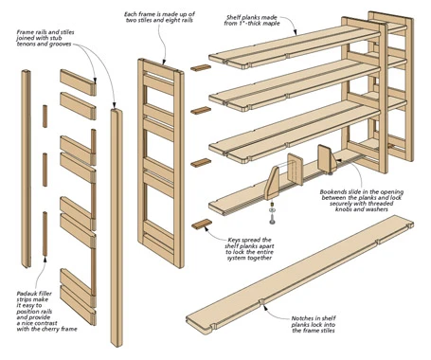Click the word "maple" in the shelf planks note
click(271, 23)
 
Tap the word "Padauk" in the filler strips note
click(27, 294)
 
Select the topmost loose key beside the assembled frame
click(201, 68)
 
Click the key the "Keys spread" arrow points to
click(202, 224)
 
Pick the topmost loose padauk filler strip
click(45, 117)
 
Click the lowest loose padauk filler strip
click(45, 234)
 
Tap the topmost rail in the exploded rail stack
click(78, 82)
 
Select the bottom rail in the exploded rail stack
click(78, 306)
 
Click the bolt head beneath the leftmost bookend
click(272, 220)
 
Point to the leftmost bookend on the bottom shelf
click(272, 184)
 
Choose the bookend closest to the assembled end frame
click(327, 159)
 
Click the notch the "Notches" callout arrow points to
click(261, 301)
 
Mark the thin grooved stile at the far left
click(27, 169)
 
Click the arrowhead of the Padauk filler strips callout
click(45, 259)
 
